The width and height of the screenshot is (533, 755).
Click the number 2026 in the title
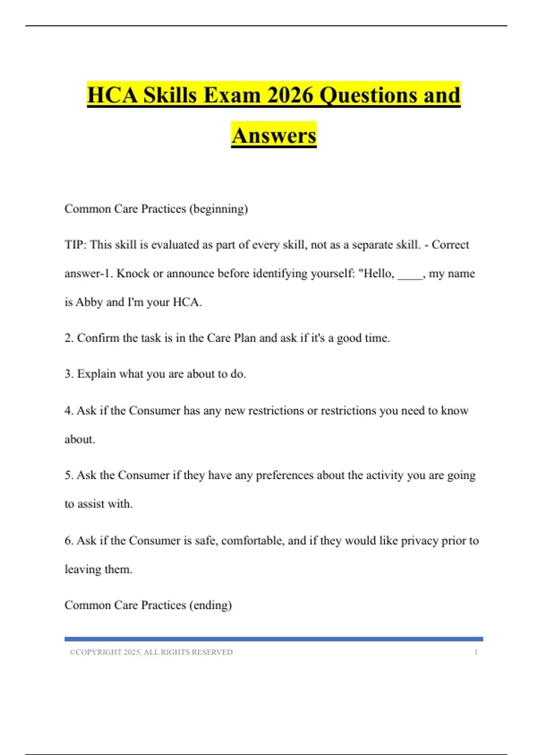tap(290, 95)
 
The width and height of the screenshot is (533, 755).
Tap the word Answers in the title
tap(274, 135)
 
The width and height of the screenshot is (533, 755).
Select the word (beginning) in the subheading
tap(219, 209)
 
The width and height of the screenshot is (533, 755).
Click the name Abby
tap(89, 302)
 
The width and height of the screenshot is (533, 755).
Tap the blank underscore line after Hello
tap(410, 274)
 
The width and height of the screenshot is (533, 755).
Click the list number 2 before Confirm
tap(69, 338)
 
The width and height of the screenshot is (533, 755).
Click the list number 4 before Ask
tap(69, 410)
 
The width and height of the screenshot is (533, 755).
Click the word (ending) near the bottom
tap(211, 605)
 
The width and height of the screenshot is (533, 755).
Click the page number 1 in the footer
tap(476, 652)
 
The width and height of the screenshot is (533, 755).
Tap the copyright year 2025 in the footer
tap(132, 652)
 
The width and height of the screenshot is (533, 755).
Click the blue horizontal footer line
tap(274, 639)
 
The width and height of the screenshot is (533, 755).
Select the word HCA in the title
tap(113, 95)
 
